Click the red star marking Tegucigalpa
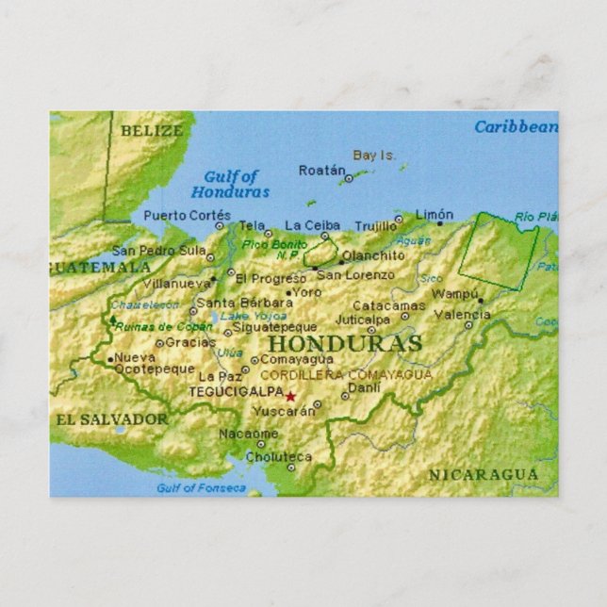[x=290, y=397]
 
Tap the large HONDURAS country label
[x=344, y=344]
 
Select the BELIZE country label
[x=151, y=131]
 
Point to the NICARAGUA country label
[x=484, y=474]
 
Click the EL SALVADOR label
[x=111, y=418]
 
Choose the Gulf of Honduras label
[x=231, y=184]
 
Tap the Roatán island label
[x=321, y=171]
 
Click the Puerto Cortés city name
[x=187, y=215]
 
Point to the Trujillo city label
[x=375, y=226]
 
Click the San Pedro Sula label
[x=158, y=251]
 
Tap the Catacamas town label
[x=388, y=305]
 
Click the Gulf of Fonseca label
[x=201, y=488]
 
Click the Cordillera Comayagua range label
[x=346, y=374]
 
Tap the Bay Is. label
[x=374, y=155]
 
